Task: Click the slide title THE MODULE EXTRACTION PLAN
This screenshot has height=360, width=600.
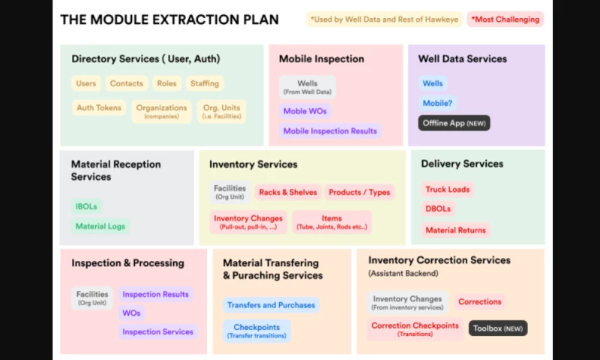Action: coord(169,19)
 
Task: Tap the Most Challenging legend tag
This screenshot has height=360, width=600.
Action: coord(505,19)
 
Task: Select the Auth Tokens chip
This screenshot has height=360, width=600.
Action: coord(98,108)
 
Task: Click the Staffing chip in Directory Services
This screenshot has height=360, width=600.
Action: coord(204,83)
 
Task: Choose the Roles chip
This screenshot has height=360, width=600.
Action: coord(166,83)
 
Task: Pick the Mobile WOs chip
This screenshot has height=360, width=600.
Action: coord(304,111)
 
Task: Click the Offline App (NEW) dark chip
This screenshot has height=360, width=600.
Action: coord(454,122)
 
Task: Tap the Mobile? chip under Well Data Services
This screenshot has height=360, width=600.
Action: coord(437,103)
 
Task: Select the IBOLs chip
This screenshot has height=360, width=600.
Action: coord(86,206)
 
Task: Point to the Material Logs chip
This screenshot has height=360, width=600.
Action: coord(100,226)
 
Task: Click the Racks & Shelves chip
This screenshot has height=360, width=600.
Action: coord(288,192)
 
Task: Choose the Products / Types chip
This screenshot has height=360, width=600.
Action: coord(359,192)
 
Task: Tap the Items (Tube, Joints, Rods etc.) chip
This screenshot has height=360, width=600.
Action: coord(331,221)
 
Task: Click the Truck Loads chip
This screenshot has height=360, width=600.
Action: coord(447,190)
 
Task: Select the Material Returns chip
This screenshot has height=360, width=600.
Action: coord(455,230)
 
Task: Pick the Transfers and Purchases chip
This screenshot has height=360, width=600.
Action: coord(271,305)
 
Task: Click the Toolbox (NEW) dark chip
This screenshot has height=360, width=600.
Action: coord(498,328)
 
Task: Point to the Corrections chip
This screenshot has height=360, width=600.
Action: coord(479,301)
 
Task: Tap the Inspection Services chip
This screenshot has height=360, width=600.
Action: coord(157,331)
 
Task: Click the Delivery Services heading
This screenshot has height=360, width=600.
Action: coord(462,163)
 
